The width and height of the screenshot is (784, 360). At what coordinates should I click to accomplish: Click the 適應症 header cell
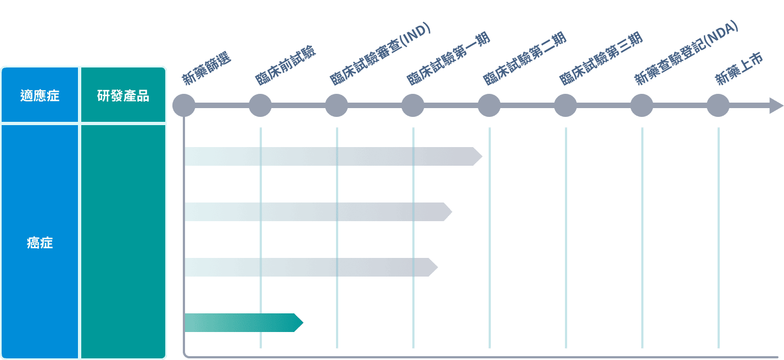point(40,95)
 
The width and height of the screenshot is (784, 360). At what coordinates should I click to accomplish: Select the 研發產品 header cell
point(123,95)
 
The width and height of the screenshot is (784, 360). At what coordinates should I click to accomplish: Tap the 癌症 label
point(40,243)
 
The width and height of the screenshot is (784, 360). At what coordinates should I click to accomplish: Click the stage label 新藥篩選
point(206,68)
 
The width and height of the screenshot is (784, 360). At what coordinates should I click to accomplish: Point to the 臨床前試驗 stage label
point(285,65)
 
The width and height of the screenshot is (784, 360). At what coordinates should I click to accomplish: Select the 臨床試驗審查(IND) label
point(380,54)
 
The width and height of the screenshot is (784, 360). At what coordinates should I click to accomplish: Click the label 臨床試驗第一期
point(449,59)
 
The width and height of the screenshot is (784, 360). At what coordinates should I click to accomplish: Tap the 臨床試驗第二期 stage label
point(525,59)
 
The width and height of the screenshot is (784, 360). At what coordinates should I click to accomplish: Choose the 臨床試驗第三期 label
point(601,59)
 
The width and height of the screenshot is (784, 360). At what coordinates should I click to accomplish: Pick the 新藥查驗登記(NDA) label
point(687,53)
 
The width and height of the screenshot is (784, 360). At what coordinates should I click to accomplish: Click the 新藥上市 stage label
point(738,69)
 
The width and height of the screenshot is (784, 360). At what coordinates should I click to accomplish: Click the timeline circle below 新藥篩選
point(184,105)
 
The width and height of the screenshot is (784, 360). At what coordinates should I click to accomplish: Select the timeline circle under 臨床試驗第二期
point(489,105)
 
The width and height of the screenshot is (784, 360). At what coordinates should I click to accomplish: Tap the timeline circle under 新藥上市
point(718,105)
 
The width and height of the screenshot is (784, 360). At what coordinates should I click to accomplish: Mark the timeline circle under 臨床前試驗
point(260,105)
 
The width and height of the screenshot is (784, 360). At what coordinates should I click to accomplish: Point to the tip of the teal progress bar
point(303,323)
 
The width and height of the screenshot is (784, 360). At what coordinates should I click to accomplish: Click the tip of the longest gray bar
point(482,156)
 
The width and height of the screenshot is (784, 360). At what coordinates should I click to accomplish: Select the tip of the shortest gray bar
point(438,267)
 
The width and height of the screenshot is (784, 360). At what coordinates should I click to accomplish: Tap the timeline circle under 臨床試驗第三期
point(565,105)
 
